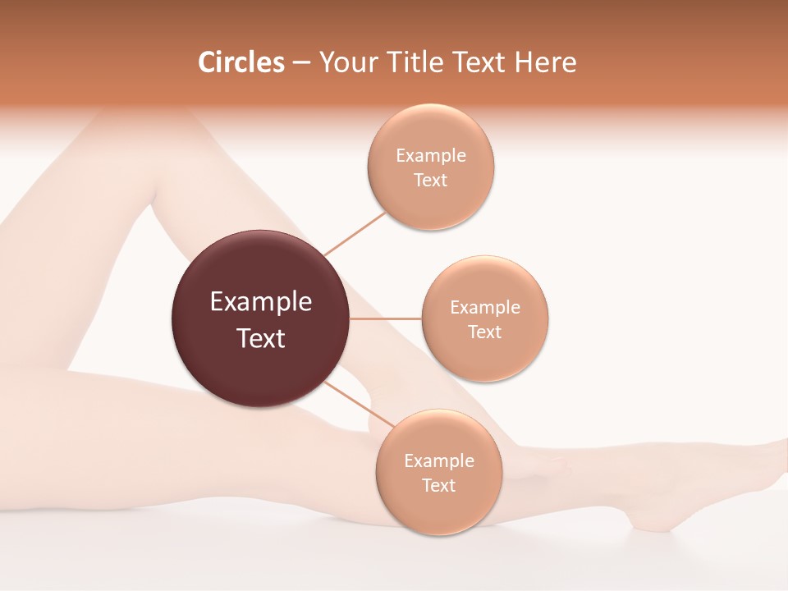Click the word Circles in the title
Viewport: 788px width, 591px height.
coord(241,62)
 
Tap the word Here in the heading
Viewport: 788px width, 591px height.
coord(545,62)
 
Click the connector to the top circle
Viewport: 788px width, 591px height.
coord(355,233)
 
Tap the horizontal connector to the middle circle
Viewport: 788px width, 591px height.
coord(386,318)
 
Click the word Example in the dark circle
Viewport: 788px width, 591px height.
coord(261,302)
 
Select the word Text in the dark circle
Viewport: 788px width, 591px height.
coord(261,338)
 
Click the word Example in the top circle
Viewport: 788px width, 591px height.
coord(431,156)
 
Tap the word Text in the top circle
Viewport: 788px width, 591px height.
coord(431,181)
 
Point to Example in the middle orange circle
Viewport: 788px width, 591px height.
coord(485,308)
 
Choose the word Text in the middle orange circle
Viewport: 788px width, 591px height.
coord(485,332)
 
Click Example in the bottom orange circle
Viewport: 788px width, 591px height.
coord(439,461)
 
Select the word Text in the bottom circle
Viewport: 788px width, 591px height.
coord(439,486)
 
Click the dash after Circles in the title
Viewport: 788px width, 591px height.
coord(301,63)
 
